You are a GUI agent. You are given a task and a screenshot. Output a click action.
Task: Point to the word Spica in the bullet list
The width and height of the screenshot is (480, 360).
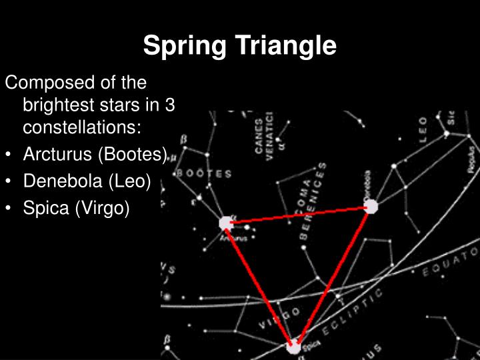[x=46, y=207]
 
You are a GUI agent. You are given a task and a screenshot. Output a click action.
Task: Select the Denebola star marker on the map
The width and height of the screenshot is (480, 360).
[x=371, y=206]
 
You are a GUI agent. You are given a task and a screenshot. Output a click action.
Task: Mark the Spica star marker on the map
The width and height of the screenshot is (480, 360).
[x=293, y=347]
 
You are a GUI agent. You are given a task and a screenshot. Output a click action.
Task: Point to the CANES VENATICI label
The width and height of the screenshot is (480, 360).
[x=263, y=133]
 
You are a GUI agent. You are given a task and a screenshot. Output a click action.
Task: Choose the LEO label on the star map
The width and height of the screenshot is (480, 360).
[x=423, y=130]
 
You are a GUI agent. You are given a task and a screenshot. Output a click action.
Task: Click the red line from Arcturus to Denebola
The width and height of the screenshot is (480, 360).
[x=299, y=215]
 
